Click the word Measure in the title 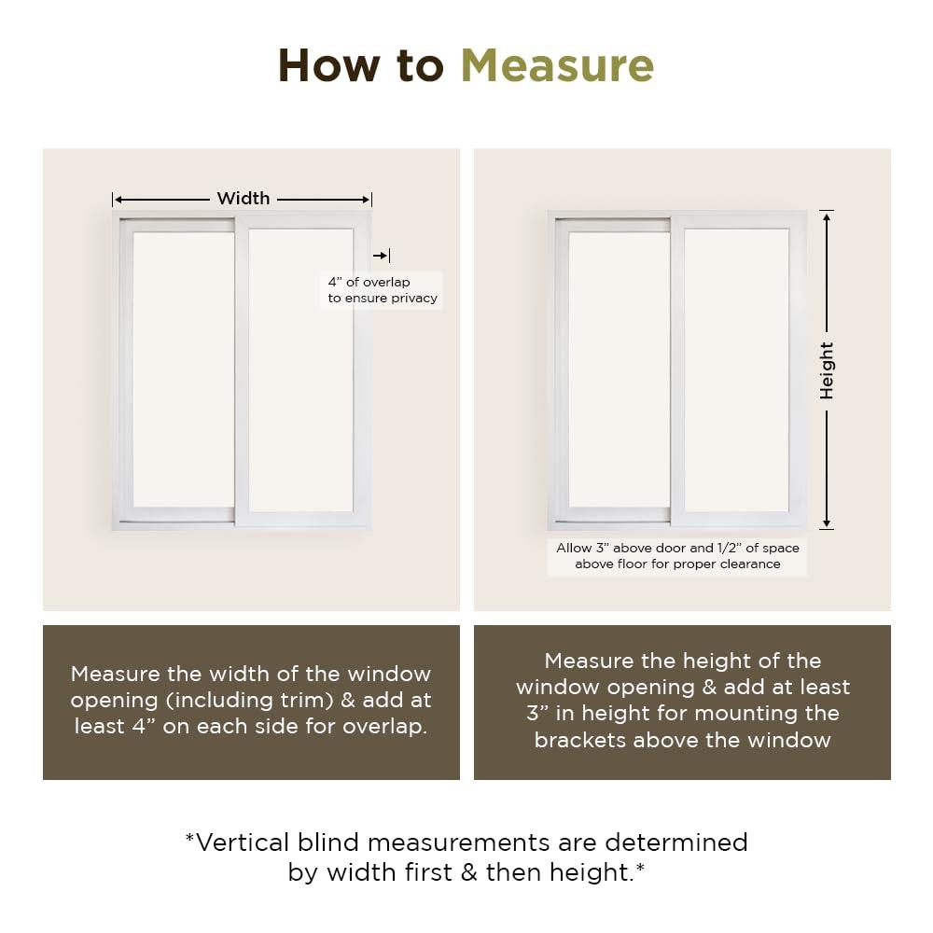(557, 65)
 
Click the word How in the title (332, 65)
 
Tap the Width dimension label (244, 198)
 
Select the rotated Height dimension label (827, 370)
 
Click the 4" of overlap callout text (382, 290)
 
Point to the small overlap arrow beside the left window (381, 256)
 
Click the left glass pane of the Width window (183, 369)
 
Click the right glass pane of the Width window (300, 369)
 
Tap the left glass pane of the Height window (619, 369)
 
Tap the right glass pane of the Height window (736, 369)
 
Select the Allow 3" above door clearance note (677, 556)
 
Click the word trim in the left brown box (355, 700)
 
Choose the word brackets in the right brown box (580, 740)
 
